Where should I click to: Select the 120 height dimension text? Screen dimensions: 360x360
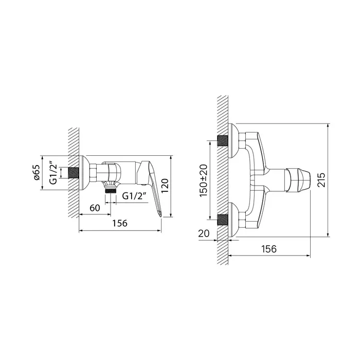click(x=165, y=186)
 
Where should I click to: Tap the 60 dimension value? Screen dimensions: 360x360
click(x=95, y=208)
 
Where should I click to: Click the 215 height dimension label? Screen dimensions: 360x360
click(x=321, y=180)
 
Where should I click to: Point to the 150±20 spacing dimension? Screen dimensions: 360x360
click(x=204, y=180)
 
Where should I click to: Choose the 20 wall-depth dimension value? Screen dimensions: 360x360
click(x=204, y=233)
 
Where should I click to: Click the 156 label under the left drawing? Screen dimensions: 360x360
click(x=120, y=223)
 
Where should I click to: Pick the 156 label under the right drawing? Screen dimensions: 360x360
click(x=269, y=249)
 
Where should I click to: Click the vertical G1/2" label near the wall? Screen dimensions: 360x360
click(x=53, y=174)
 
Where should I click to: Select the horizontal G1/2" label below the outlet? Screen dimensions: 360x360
click(x=134, y=196)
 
